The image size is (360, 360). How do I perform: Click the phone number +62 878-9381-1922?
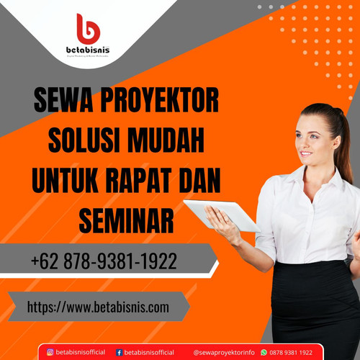pyautogui.click(x=104, y=261)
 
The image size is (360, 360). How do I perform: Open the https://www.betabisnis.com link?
pyautogui.click(x=98, y=307)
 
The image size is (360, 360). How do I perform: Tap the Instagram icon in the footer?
pyautogui.click(x=50, y=352)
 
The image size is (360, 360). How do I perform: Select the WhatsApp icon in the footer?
pyautogui.click(x=263, y=352)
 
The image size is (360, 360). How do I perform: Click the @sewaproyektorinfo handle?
pyautogui.click(x=223, y=352)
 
